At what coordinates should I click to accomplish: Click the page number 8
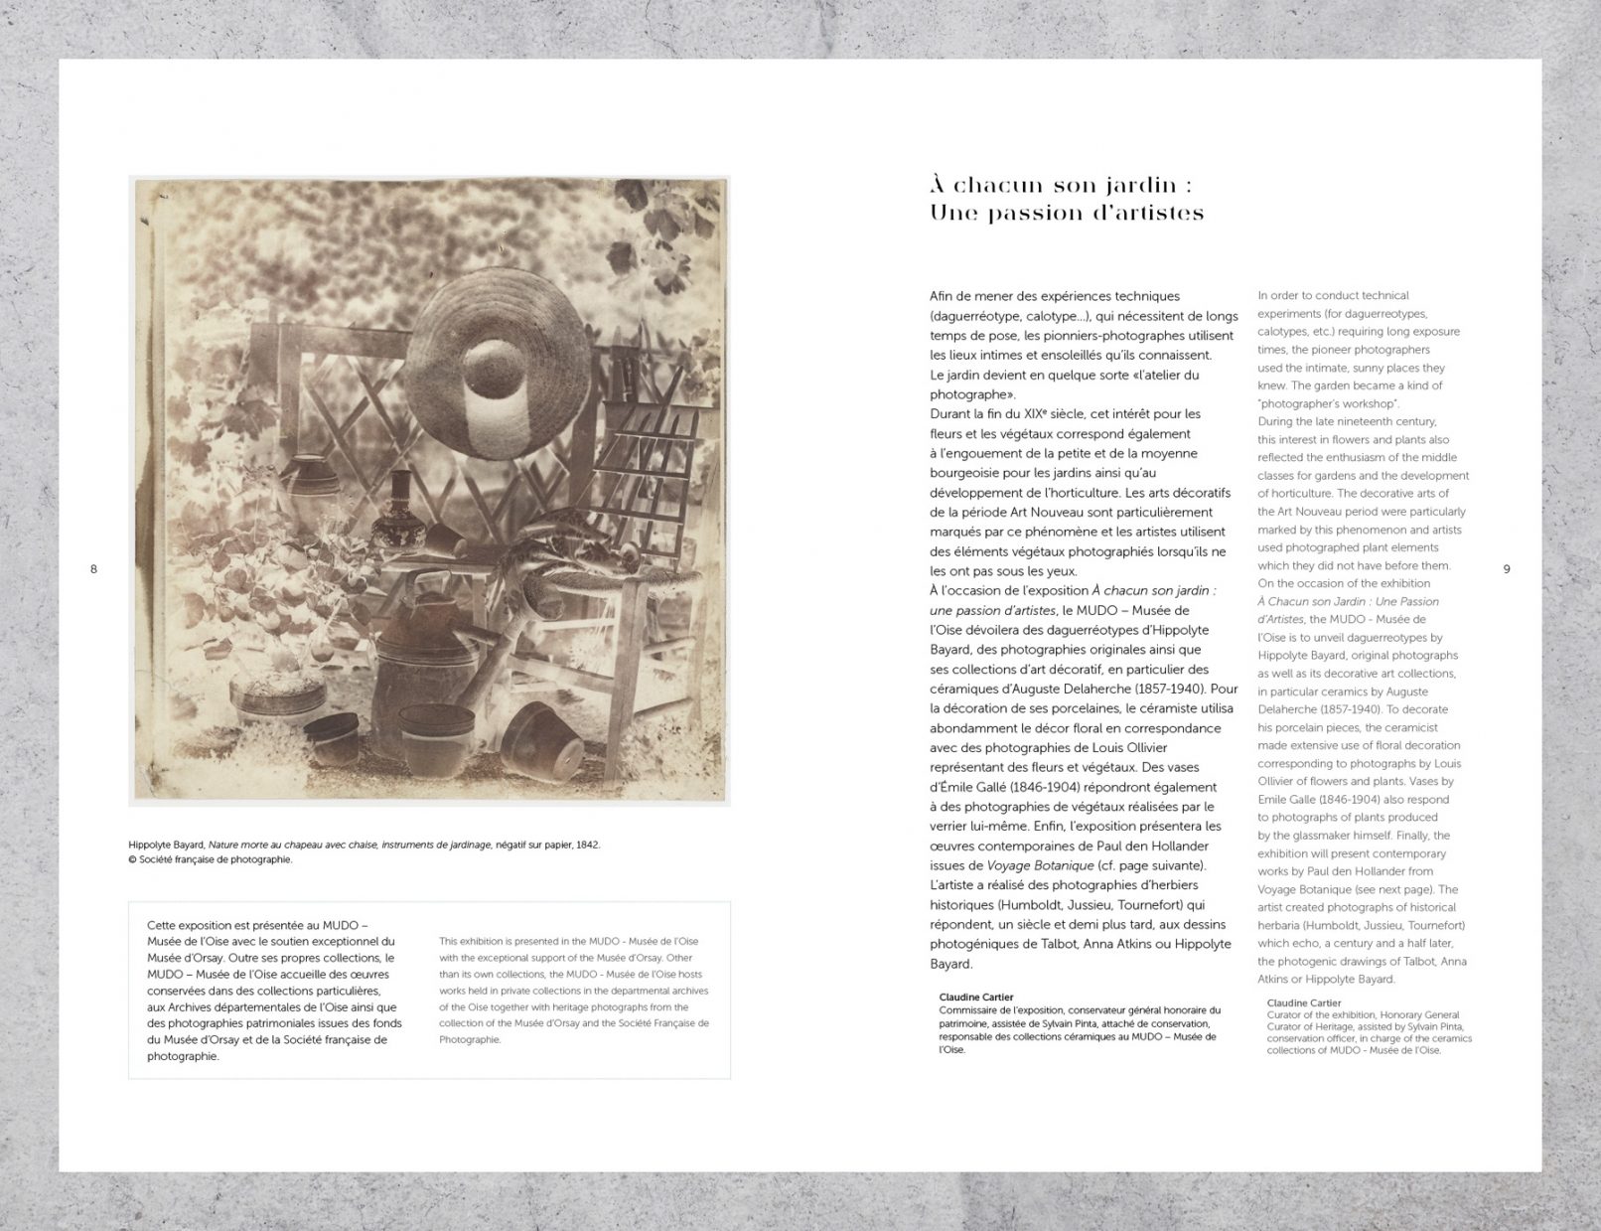pyautogui.click(x=94, y=569)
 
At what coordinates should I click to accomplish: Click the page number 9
pyautogui.click(x=1507, y=569)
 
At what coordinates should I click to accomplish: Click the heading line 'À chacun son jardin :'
pyautogui.click(x=1060, y=186)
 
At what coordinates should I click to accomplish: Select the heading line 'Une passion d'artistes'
pyautogui.click(x=1067, y=213)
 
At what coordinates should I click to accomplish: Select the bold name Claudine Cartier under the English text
pyautogui.click(x=1304, y=1003)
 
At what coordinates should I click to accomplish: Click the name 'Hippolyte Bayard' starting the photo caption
pyautogui.click(x=166, y=845)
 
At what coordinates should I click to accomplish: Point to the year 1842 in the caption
pyautogui.click(x=587, y=845)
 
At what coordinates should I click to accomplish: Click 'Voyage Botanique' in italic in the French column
pyautogui.click(x=1014, y=865)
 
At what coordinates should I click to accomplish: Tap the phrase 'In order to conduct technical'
pyautogui.click(x=1333, y=295)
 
